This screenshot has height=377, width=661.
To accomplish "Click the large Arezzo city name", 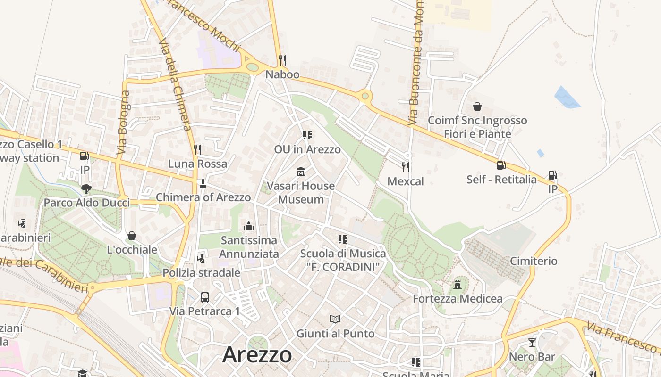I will click(x=257, y=354).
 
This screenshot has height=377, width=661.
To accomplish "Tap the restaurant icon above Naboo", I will click(x=282, y=60).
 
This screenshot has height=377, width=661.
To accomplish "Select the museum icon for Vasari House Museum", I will click(x=301, y=172).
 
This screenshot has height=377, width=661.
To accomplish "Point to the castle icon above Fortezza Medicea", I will click(x=457, y=284).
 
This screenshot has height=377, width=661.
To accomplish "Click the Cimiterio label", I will click(x=534, y=261).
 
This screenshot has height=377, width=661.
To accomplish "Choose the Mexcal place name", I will click(x=406, y=181).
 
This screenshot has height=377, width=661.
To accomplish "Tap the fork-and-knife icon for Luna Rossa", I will click(x=197, y=150).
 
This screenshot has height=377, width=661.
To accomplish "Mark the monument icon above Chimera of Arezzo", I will click(x=203, y=183).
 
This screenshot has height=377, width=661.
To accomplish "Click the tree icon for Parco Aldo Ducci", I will click(x=86, y=189).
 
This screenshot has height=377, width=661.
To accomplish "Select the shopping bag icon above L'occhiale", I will click(x=132, y=235).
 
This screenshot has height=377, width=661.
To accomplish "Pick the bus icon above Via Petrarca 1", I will click(x=205, y=297).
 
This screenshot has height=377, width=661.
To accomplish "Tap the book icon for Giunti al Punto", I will click(x=335, y=320).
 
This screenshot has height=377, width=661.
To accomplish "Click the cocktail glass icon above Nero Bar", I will click(x=532, y=343).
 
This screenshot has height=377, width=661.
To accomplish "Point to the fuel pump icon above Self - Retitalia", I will click(x=501, y=165).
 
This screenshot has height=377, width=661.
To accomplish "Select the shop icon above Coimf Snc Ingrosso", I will click(x=477, y=107).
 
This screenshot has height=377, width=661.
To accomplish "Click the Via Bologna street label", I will click(x=123, y=123).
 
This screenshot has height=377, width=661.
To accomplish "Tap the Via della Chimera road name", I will click(x=175, y=85).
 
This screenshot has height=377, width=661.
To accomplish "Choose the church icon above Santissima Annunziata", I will click(x=249, y=226).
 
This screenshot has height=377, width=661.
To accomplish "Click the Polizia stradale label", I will click(x=202, y=273).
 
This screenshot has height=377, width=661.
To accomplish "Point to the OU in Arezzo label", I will click(x=307, y=149).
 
